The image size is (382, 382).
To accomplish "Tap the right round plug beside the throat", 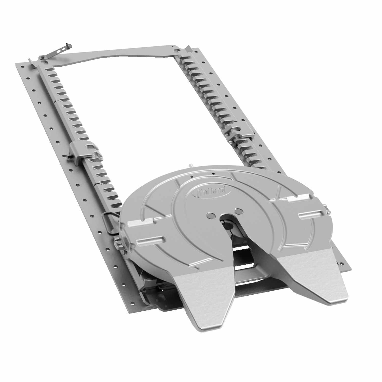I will point(238,211).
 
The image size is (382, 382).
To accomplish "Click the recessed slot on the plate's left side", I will point(150,240).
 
